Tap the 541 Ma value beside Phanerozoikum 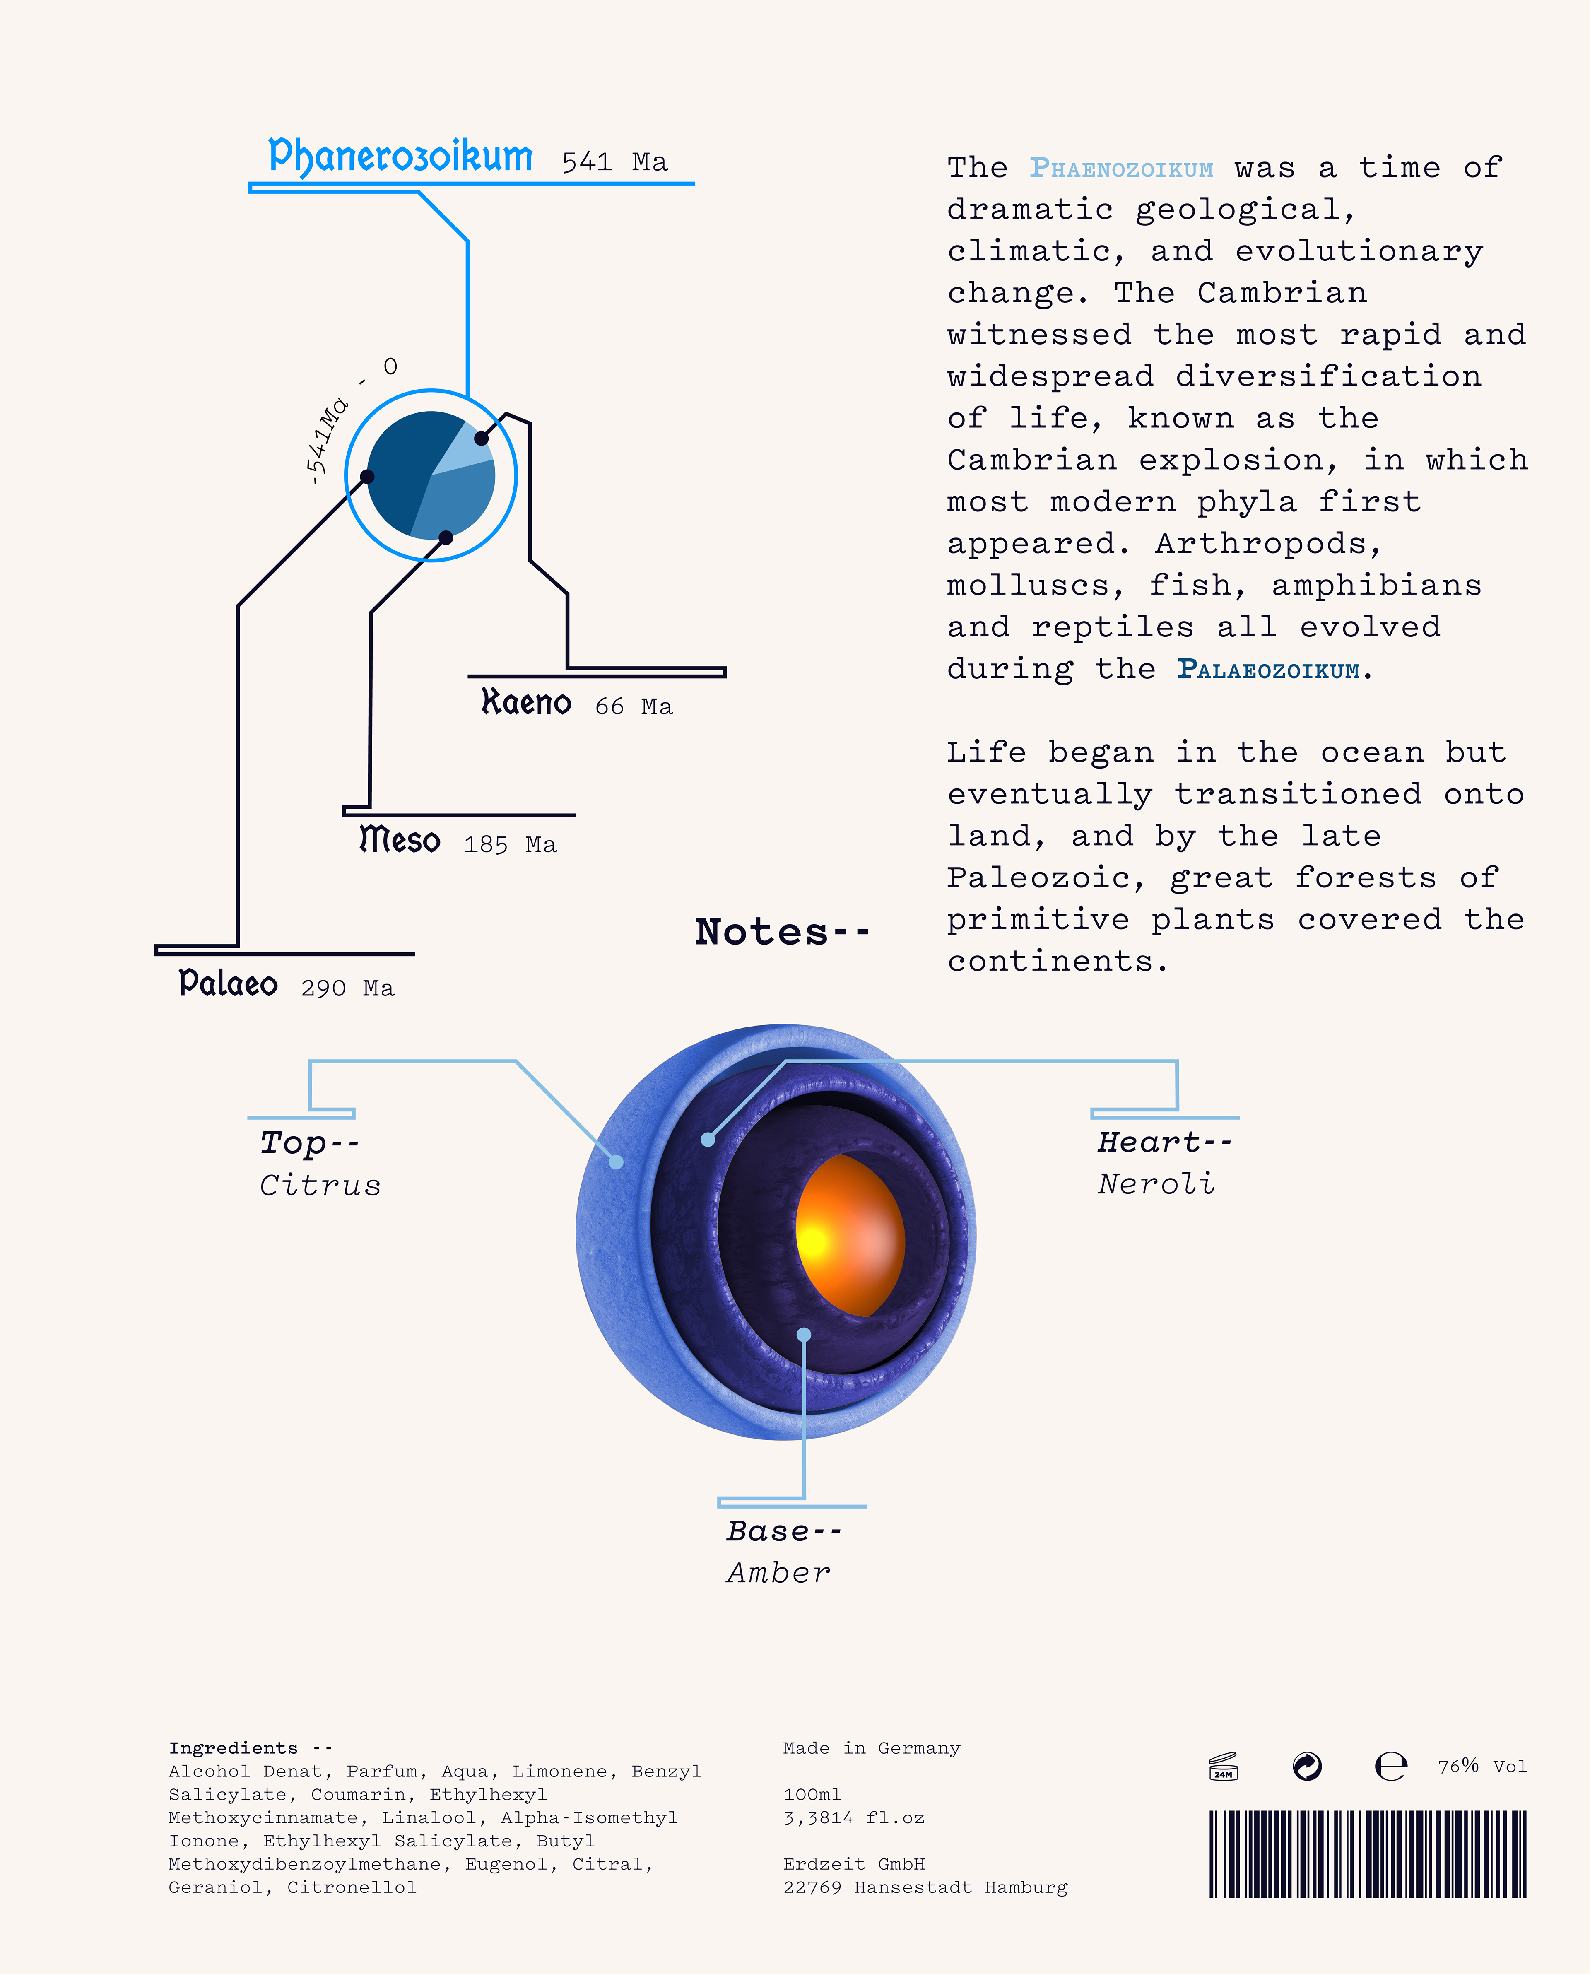pos(614,162)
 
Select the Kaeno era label pos(526,703)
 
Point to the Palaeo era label pos(228,984)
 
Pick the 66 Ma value pos(634,706)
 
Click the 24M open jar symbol pos(1223,1766)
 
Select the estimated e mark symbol pos(1390,1766)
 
